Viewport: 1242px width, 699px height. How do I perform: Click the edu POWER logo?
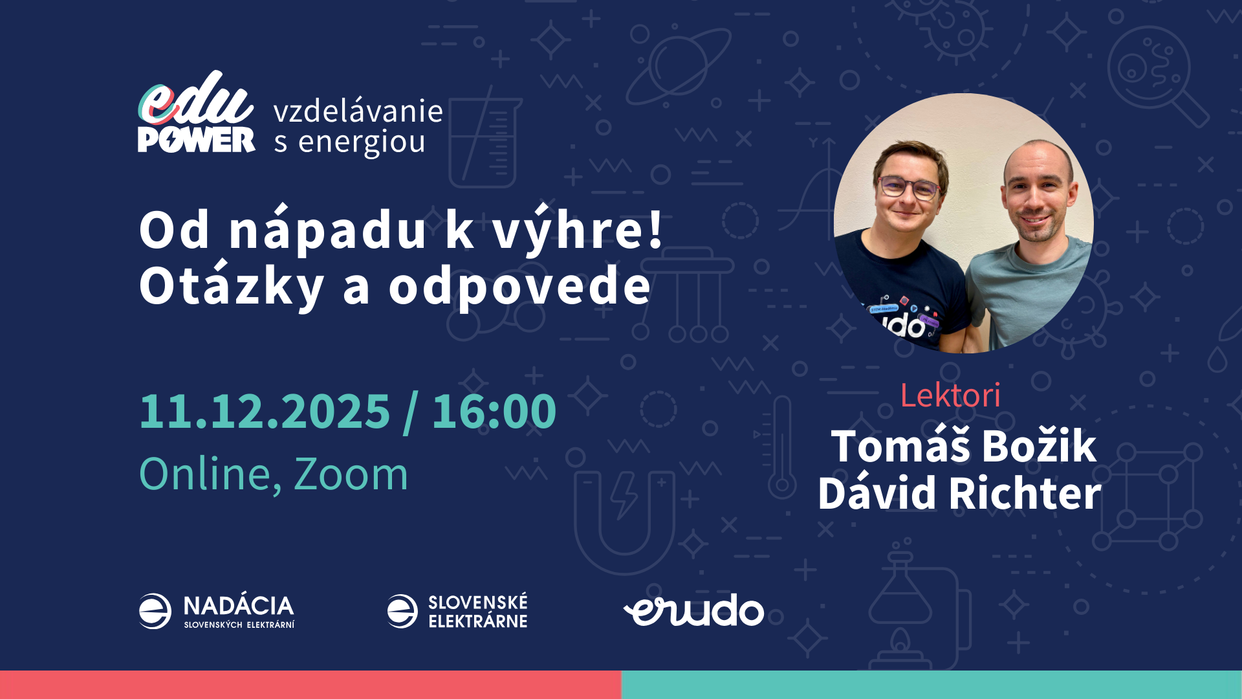196,113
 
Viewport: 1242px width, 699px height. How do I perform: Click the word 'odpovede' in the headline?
519,285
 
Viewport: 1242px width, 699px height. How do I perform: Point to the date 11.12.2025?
265,411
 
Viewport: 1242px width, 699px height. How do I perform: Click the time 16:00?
494,411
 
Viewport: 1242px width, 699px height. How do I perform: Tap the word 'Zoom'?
351,474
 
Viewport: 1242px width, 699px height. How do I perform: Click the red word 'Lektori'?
950,395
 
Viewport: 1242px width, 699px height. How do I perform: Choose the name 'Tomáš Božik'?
963,445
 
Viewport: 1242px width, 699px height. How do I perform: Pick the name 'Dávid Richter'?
959,493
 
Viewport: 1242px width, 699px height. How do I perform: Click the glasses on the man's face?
909,187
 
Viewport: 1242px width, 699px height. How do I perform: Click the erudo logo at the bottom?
693,610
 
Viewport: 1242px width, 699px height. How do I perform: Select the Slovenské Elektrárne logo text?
478,612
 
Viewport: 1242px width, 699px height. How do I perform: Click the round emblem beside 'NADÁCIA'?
155,611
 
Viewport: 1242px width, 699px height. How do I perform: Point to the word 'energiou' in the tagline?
362,142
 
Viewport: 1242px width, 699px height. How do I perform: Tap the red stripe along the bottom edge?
310,685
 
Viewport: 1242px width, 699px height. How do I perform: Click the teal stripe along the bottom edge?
931,685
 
